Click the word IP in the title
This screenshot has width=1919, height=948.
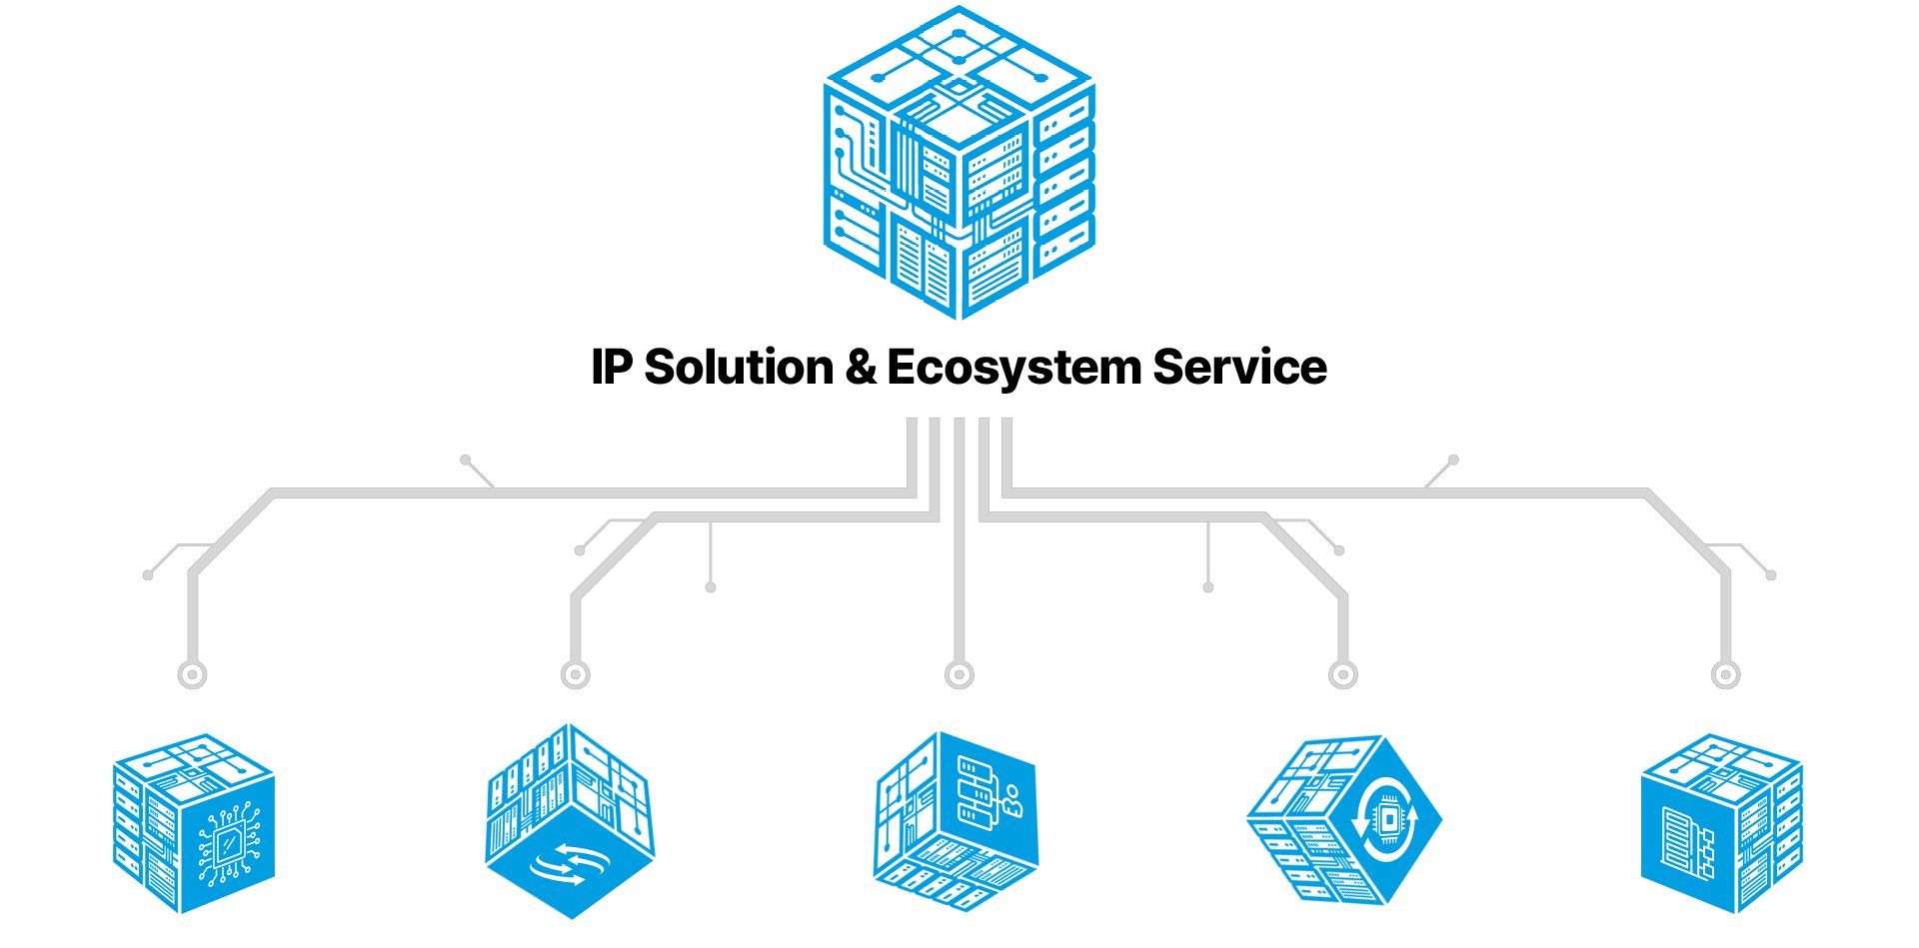coord(612,367)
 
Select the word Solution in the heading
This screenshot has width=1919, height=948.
coord(739,367)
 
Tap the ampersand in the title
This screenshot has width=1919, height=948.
coord(860,367)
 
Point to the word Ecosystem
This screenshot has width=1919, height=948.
coord(1013,369)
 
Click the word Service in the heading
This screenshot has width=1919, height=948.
coord(1239,367)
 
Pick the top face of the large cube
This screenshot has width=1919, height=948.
coord(959,76)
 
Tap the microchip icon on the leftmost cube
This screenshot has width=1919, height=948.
coord(228,845)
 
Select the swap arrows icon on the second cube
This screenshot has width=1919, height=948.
coord(570,864)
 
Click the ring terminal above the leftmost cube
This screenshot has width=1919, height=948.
coord(192,674)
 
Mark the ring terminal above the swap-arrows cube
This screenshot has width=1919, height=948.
coord(576,674)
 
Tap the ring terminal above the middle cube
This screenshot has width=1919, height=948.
coord(959,674)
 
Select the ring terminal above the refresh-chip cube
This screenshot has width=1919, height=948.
coord(1343,674)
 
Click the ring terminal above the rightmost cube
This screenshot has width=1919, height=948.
coord(1726,674)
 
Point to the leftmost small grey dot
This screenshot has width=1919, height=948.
coord(148,574)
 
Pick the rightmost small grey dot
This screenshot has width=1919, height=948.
coord(1771,574)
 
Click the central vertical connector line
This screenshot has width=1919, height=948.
coord(959,539)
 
